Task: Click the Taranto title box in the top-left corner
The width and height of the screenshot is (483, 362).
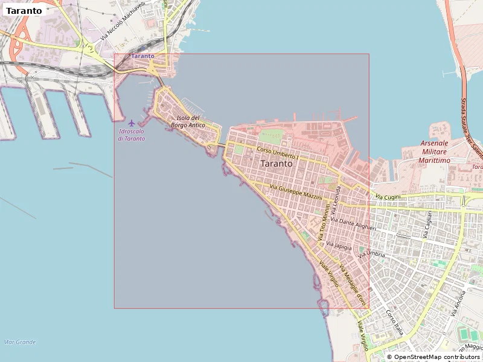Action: click(24, 10)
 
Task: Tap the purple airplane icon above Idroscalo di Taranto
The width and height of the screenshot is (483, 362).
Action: click(132, 123)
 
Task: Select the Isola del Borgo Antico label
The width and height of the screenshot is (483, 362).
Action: click(188, 121)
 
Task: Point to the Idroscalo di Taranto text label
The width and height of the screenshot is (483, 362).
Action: click(132, 135)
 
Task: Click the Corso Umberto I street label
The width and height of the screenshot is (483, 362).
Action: click(278, 153)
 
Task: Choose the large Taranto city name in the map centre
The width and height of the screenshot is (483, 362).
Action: click(277, 164)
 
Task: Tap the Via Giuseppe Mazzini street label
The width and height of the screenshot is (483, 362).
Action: click(296, 192)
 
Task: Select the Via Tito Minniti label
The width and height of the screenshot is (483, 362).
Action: click(324, 224)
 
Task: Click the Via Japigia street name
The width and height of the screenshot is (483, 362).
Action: click(339, 246)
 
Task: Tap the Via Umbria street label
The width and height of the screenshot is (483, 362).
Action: click(371, 255)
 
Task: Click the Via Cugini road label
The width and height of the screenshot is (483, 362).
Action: click(388, 197)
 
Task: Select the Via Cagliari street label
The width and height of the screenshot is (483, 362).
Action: click(429, 224)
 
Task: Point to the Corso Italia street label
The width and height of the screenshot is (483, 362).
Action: click(394, 322)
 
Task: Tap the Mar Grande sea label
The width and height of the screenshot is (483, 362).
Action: click(20, 342)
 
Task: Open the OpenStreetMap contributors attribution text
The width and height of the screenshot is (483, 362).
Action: click(437, 357)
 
